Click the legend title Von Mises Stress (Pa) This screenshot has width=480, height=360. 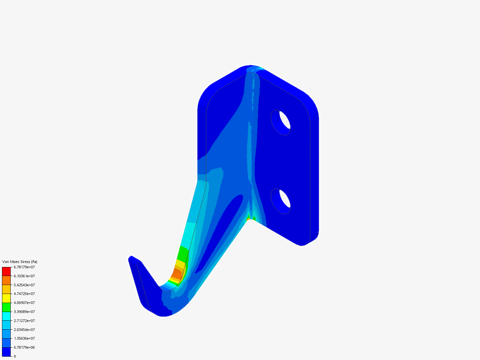click(x=20, y=262)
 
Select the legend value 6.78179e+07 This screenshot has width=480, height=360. click(x=24, y=267)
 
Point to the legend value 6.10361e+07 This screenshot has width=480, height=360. click(x=24, y=276)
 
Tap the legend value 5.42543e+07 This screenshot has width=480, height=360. click(x=24, y=285)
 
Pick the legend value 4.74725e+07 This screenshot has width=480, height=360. click(x=24, y=294)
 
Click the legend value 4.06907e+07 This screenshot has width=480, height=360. click(x=24, y=303)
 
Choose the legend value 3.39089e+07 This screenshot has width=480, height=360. click(x=24, y=312)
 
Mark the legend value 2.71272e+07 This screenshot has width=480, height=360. click(x=24, y=321)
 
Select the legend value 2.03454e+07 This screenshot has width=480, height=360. click(x=24, y=330)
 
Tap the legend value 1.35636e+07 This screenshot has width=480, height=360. click(x=24, y=338)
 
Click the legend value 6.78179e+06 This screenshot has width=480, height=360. click(x=24, y=347)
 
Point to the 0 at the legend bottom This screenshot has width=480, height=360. click(x=15, y=356)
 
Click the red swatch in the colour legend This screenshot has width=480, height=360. click(x=6, y=271)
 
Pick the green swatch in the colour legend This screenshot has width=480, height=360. click(x=6, y=307)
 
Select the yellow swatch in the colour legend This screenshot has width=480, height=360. click(x=6, y=298)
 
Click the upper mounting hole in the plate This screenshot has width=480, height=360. click(x=281, y=122)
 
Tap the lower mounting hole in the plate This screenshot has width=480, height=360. click(x=281, y=201)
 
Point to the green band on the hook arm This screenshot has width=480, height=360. click(x=183, y=253)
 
